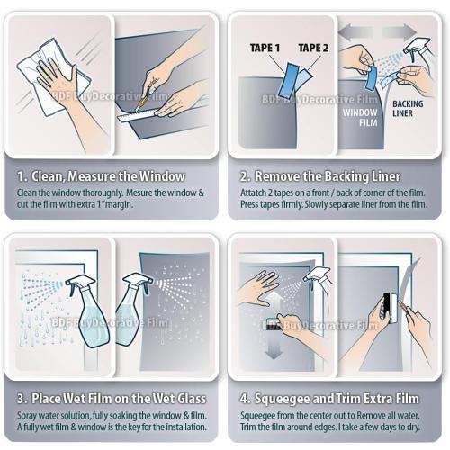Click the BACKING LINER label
click(407, 109)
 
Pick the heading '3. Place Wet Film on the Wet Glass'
click(112, 398)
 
